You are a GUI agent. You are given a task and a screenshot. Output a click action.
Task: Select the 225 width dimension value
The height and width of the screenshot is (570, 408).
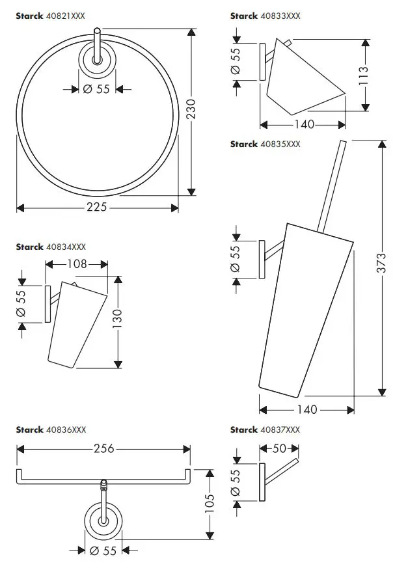coord(98,208)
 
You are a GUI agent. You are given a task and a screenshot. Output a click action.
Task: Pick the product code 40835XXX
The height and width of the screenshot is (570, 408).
coord(280,144)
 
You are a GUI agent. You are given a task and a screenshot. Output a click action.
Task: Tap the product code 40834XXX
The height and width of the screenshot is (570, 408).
coord(66,247)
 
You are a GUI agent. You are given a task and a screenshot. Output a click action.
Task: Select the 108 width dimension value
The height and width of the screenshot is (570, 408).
coord(77,264)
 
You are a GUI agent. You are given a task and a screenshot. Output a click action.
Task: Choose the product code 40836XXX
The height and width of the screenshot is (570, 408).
coord(66,430)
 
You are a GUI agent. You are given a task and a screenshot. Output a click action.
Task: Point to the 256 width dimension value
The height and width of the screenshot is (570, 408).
coord(104,449)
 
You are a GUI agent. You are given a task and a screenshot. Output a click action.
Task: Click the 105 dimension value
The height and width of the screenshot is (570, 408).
coord(210,502)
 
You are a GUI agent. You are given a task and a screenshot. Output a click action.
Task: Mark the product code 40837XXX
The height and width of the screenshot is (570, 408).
coord(280,430)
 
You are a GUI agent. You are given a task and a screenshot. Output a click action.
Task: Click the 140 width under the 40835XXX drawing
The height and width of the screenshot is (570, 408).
coord(306,410)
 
